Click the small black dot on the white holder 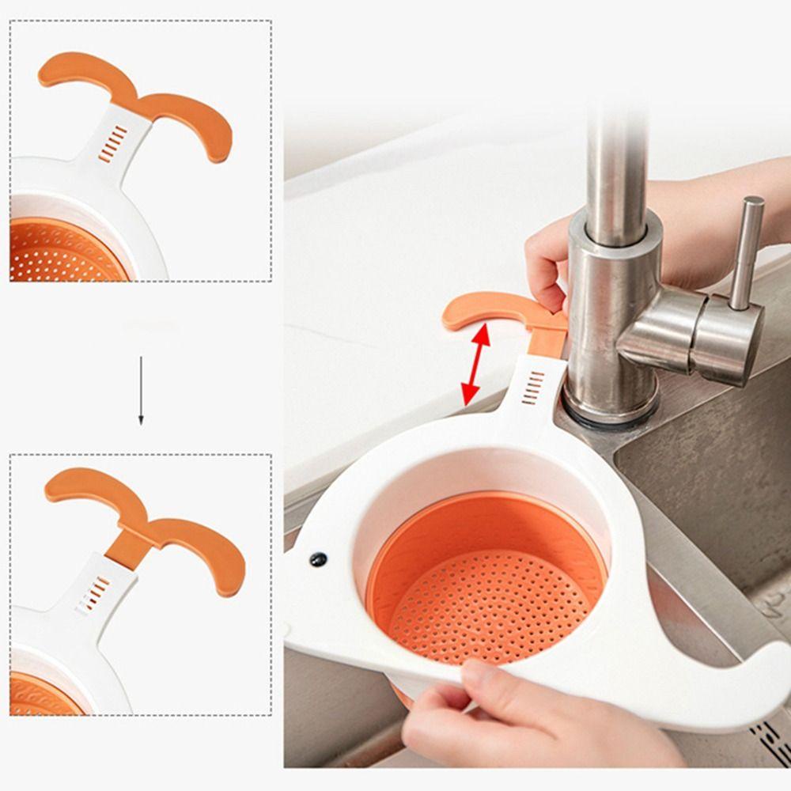318,559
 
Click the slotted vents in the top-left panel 113,143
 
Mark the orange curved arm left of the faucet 483,310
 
